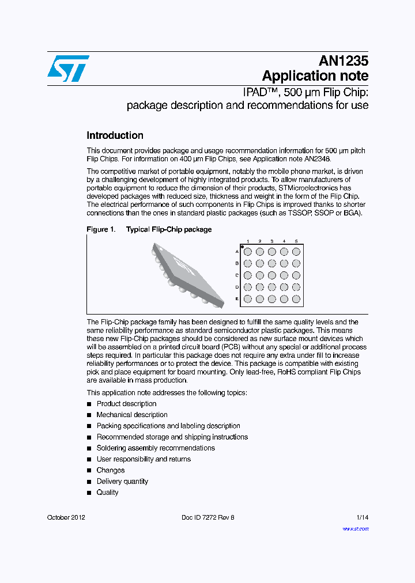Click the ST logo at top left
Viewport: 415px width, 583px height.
coord(68,69)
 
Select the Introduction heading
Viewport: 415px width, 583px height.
coord(115,135)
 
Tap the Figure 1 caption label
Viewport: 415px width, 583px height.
coord(100,229)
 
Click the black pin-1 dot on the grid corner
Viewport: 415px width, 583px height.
coord(242,247)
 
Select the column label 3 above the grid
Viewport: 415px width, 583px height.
coord(271,241)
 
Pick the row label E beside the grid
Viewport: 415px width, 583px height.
coord(237,299)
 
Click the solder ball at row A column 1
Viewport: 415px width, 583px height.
coord(248,252)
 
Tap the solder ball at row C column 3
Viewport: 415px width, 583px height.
coord(271,275)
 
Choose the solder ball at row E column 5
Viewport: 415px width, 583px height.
coord(296,299)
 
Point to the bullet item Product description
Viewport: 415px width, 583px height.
coord(126,404)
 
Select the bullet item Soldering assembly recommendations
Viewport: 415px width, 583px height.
coord(156,448)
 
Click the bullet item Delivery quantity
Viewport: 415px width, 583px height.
coord(122,482)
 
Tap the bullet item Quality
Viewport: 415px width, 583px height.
coord(107,493)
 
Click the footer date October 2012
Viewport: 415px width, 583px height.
coord(66,517)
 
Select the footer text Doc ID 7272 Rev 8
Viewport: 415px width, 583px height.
coord(207,517)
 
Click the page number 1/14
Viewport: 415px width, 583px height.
coord(362,517)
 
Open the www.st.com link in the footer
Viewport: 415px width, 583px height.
coord(356,528)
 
